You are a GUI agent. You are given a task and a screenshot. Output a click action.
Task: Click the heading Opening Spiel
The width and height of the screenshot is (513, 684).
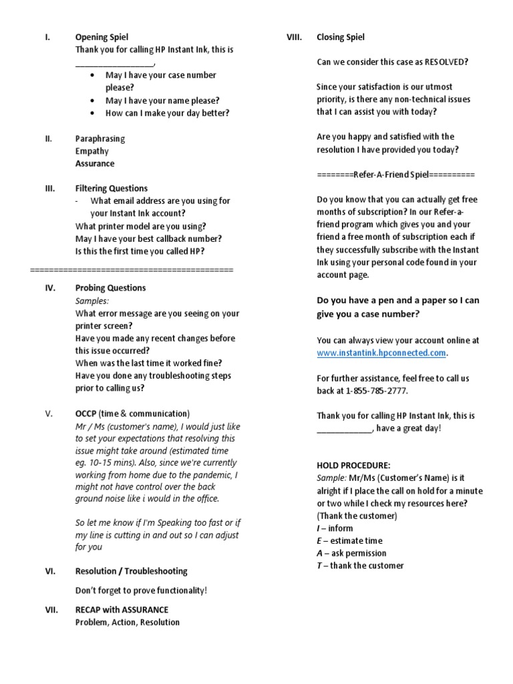(102, 37)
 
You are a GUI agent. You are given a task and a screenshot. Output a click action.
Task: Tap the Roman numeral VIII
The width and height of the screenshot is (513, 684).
(295, 37)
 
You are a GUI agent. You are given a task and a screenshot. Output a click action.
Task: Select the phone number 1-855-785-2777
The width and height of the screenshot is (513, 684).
(372, 390)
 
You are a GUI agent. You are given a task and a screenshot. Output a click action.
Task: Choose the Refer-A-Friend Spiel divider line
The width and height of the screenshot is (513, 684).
(395, 174)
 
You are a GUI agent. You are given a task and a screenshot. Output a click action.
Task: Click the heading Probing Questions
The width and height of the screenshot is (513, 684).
(110, 288)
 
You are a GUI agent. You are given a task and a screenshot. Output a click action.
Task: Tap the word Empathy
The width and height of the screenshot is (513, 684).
(92, 151)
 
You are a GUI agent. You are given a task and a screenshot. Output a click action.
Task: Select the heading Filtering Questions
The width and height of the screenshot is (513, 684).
(112, 188)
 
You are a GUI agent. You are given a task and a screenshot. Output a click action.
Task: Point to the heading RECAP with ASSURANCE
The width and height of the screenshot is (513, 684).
(122, 609)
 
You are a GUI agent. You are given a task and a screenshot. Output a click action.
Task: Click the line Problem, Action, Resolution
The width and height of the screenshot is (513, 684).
(128, 622)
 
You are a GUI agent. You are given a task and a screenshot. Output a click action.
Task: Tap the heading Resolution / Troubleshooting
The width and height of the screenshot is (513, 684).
(132, 571)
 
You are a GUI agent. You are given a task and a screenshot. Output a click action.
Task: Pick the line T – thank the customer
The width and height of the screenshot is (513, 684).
(360, 566)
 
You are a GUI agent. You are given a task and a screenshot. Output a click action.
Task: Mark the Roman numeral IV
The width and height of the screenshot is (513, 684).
(49, 288)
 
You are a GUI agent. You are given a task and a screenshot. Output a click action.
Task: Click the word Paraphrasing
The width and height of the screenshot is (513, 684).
(100, 138)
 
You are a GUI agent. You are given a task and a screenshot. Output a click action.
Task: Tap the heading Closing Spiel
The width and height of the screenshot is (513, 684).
(341, 37)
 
